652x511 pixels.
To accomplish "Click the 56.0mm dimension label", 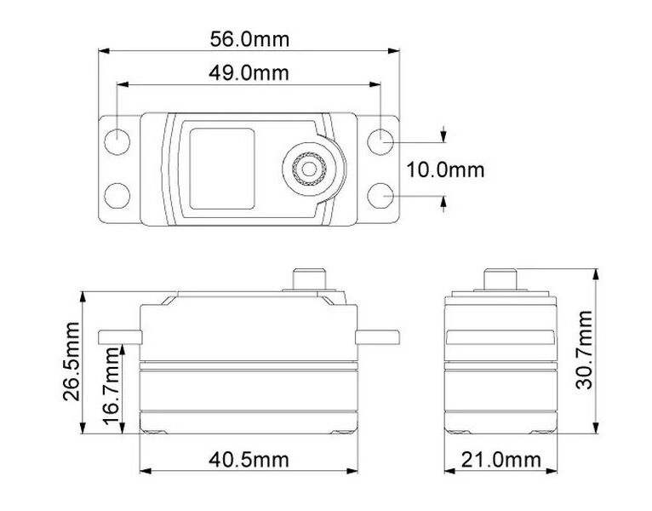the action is [x=249, y=39].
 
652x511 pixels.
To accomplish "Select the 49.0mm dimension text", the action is [x=249, y=73].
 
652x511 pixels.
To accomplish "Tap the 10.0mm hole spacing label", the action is [x=445, y=170].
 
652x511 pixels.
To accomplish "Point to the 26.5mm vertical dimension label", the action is [x=71, y=361].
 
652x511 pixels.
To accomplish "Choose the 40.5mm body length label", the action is [x=249, y=460].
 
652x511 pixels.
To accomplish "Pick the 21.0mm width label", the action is [x=501, y=460].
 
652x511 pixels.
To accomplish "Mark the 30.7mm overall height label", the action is [x=584, y=350].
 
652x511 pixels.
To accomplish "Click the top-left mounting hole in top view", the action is [x=117, y=142].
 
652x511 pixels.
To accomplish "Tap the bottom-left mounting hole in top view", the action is [x=117, y=196].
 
